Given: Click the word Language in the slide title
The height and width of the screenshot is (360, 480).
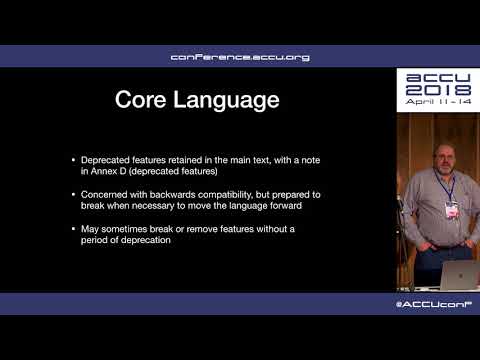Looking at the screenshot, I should [228, 100].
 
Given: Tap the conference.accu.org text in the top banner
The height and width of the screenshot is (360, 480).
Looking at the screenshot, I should [240, 57].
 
